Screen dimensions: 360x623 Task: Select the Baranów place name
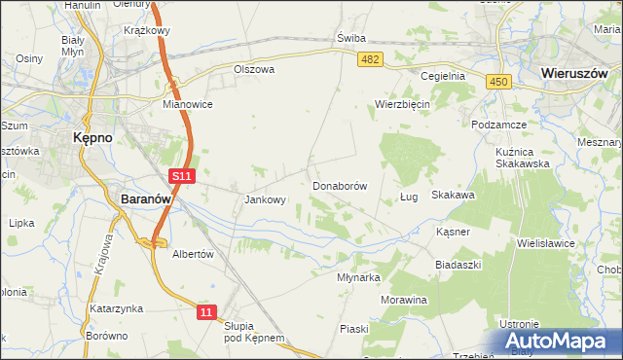(x=146, y=198)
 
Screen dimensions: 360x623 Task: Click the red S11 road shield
(x=182, y=176)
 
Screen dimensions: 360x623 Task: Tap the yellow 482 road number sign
(x=370, y=60)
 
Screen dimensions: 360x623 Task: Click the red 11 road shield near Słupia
(x=205, y=311)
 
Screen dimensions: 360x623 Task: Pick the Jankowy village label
(x=265, y=200)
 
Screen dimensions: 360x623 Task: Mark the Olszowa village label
(x=254, y=70)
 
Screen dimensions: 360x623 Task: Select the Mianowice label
(x=188, y=104)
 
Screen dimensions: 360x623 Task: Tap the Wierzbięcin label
(x=403, y=104)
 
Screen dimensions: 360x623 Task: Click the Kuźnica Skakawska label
(x=522, y=156)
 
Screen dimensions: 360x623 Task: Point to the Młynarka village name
(x=357, y=277)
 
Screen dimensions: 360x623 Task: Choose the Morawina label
(x=404, y=300)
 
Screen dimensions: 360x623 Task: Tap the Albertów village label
(x=192, y=253)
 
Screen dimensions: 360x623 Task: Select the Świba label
(x=350, y=38)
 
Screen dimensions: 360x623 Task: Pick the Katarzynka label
(x=117, y=308)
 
